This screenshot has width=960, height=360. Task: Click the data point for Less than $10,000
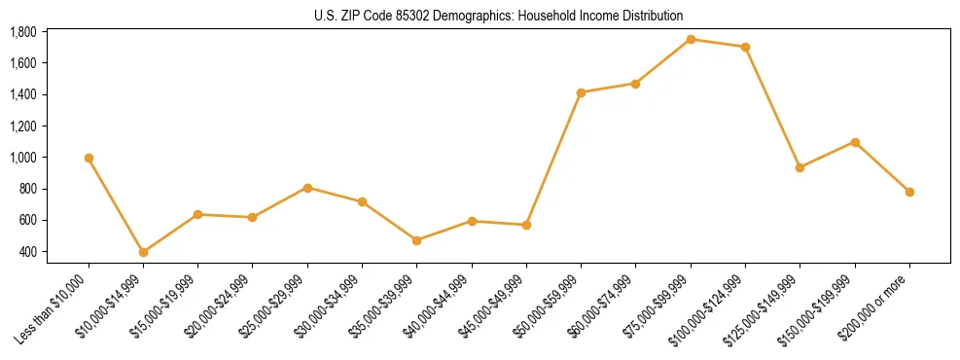click(x=89, y=158)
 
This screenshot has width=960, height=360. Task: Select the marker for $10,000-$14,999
click(x=143, y=252)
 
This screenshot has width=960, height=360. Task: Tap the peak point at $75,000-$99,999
click(x=691, y=39)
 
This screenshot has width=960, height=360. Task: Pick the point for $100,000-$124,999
click(x=745, y=47)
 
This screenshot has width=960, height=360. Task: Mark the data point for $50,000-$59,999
click(x=581, y=92)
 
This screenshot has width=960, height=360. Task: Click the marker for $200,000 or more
click(x=909, y=192)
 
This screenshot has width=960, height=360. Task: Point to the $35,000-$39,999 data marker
click(x=416, y=240)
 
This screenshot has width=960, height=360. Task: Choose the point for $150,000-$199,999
click(x=855, y=142)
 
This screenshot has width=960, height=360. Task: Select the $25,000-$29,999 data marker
click(x=307, y=188)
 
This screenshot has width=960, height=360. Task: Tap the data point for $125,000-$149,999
click(x=800, y=167)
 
